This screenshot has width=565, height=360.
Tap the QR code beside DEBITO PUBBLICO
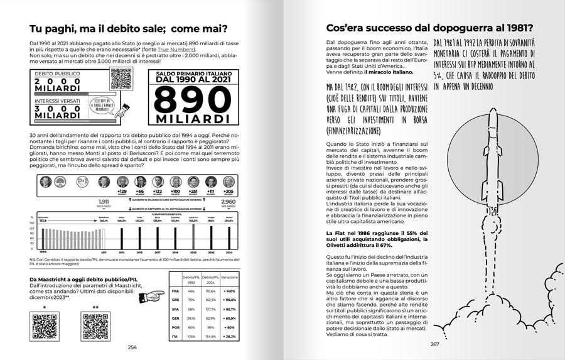[x=121, y=78]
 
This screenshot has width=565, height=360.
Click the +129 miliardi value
[x=122, y=191]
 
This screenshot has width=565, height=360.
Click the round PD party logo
[x=82, y=182]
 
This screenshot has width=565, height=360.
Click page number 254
[x=132, y=347]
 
